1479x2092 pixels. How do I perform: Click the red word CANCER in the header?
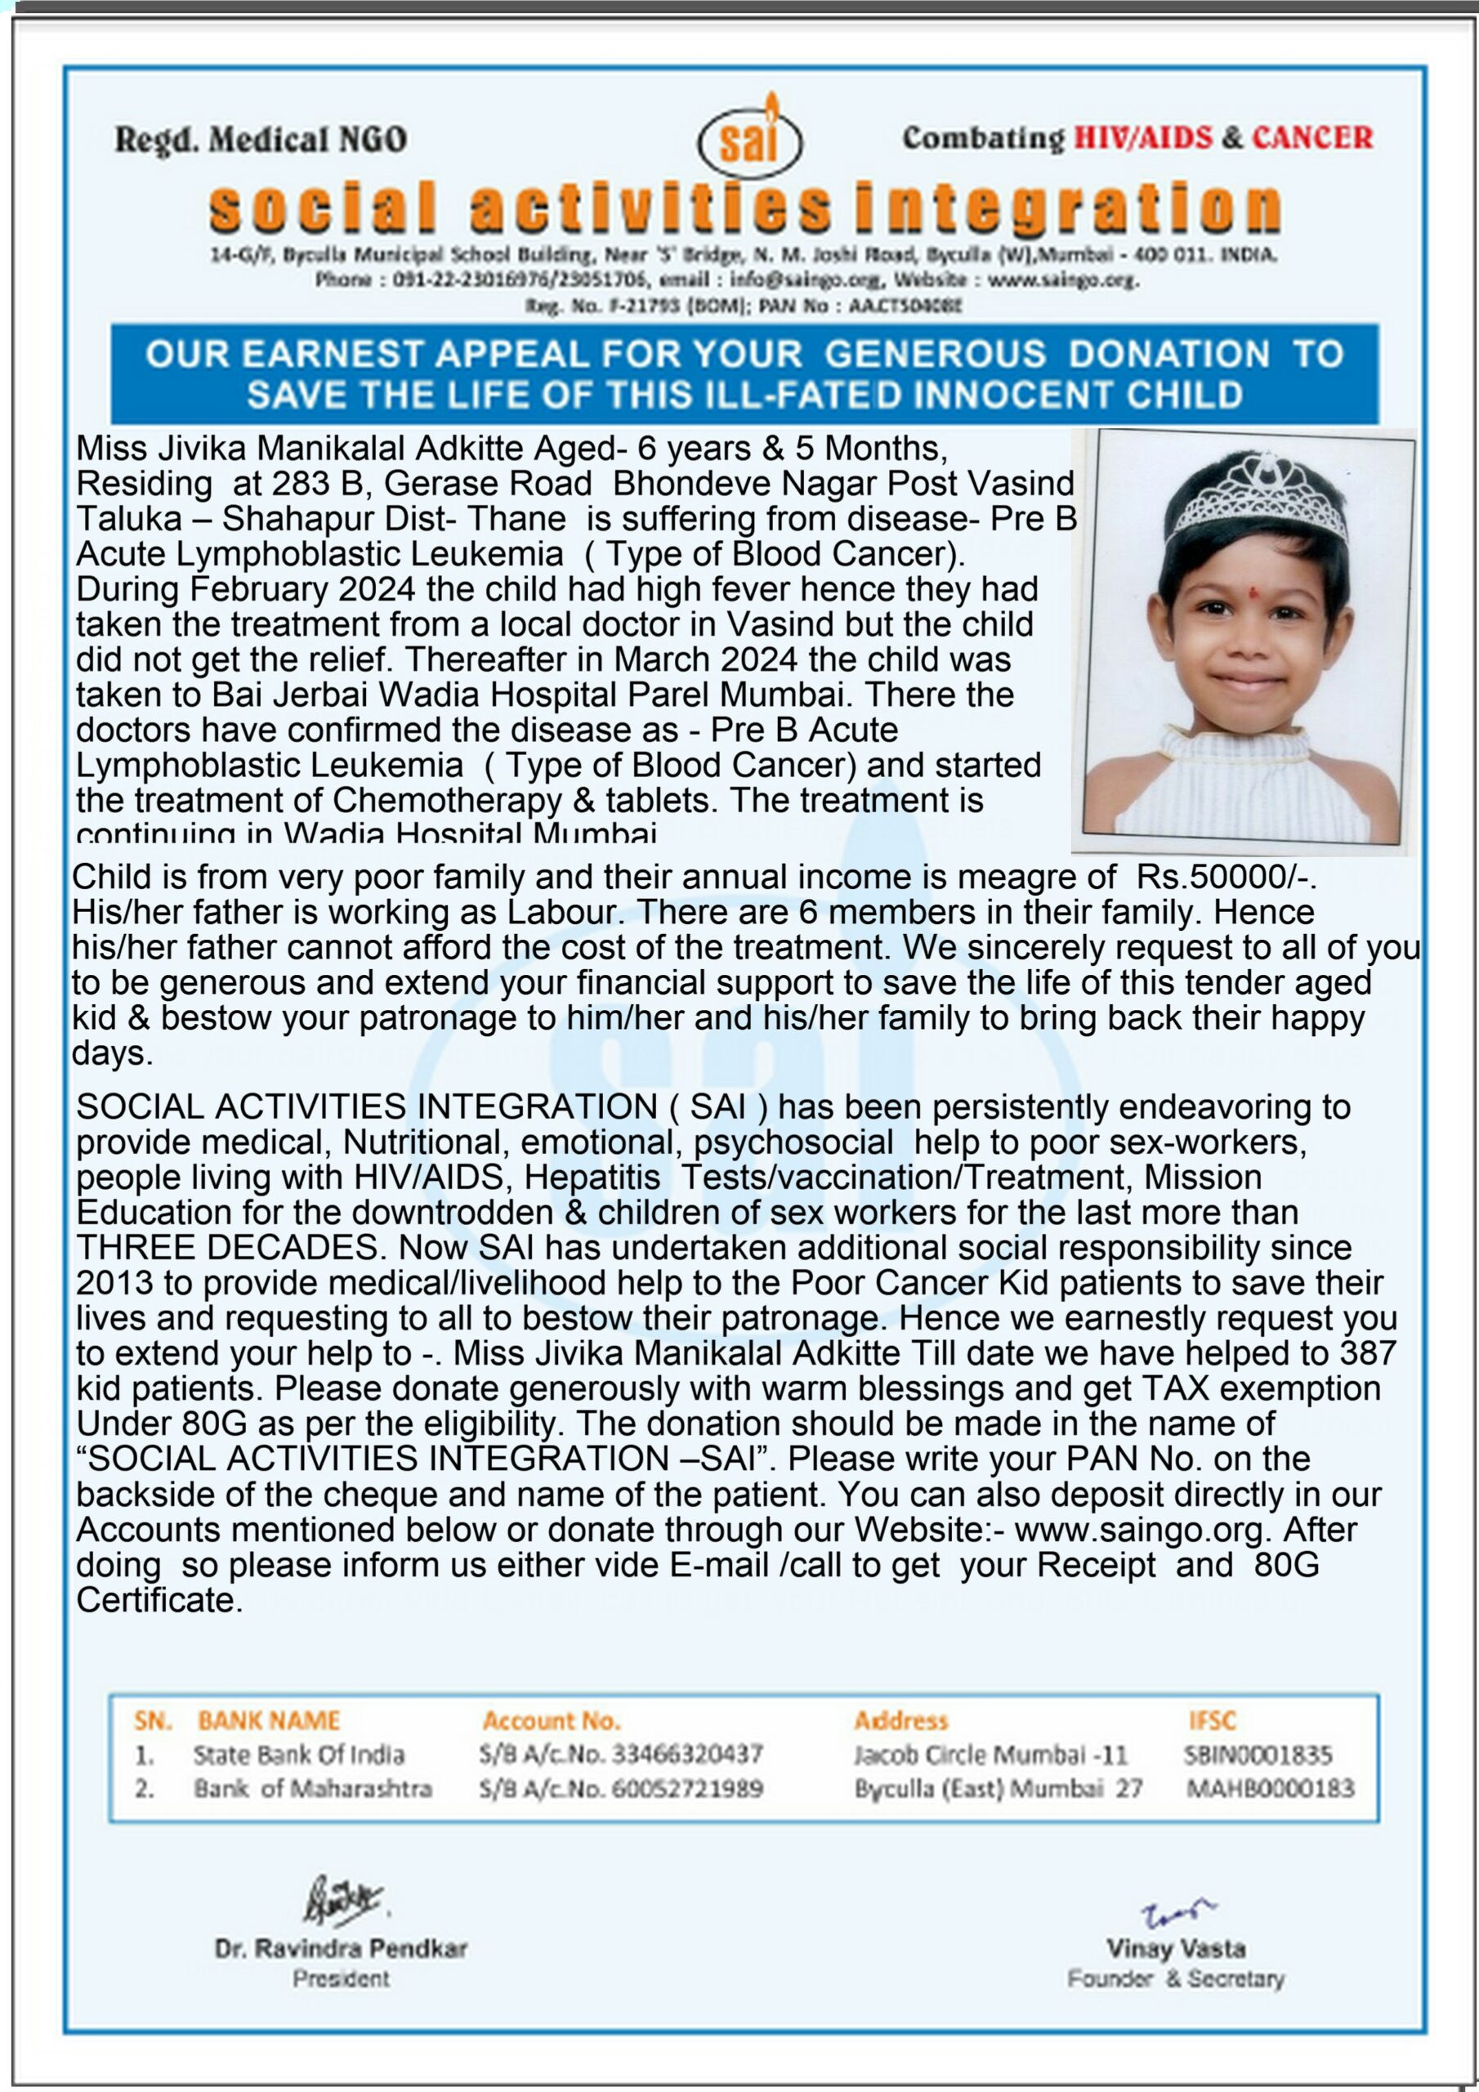(1312, 137)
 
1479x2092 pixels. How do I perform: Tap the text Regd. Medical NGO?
(261, 140)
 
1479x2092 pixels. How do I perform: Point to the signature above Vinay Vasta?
(1177, 1912)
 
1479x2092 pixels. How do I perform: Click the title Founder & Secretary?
(1176, 1979)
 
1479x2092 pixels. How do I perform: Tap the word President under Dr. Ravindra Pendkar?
(341, 1979)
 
